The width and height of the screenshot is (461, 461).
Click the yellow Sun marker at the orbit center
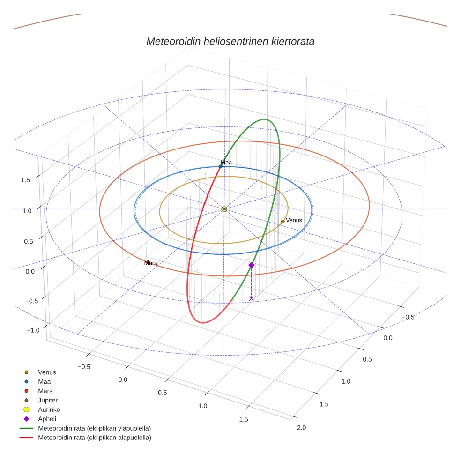coord(224,209)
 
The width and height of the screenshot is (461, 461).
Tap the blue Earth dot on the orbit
coord(221,166)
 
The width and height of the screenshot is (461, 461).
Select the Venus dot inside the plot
coord(283,221)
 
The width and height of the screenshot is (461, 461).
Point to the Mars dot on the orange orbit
coord(148,262)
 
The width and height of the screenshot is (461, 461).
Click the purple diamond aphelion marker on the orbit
coord(252,265)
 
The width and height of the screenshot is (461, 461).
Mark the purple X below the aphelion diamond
coord(252,298)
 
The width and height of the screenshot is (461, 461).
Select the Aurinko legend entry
coord(49,409)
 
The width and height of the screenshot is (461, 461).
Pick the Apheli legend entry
coord(47,419)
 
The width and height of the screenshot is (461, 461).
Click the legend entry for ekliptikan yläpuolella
coord(94,428)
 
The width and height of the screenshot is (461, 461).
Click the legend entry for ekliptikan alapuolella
coord(94,438)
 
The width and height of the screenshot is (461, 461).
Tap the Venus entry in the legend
coord(47,372)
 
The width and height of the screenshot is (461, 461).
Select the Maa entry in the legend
coord(44,382)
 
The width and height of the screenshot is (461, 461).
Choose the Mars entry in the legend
coord(45,391)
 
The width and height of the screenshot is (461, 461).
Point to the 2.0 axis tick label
coord(301,427)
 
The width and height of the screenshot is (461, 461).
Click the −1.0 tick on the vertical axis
coord(33,330)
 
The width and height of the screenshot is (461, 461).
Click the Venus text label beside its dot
coord(294,220)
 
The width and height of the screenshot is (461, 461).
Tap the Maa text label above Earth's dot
coord(226,163)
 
